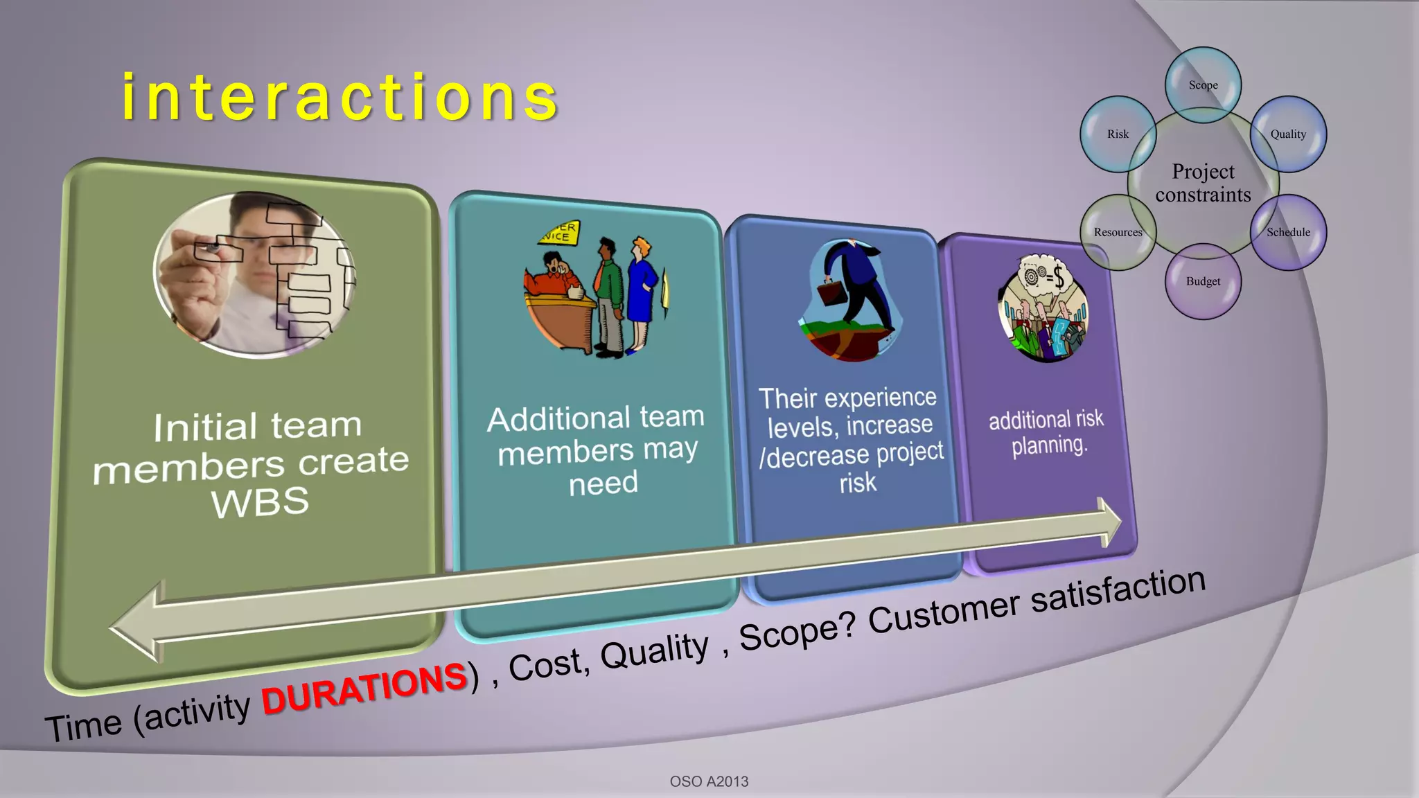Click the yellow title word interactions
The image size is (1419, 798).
point(340,98)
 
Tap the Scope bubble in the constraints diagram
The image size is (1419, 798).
point(1203,85)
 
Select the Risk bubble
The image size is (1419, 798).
point(1118,134)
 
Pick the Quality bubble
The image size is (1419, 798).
point(1288,134)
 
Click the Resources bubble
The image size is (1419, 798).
point(1118,233)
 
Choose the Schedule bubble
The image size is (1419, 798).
point(1288,233)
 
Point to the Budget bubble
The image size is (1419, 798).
point(1203,281)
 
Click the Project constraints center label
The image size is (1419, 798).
point(1203,183)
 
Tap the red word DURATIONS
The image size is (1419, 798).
point(364,689)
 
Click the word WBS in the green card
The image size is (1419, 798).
point(260,502)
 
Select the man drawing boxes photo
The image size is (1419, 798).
point(254,275)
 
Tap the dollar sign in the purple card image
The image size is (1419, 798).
point(1057,277)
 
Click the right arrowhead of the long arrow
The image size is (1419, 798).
point(1110,523)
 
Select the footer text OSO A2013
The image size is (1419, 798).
point(709,781)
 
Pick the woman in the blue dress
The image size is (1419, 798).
point(642,294)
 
